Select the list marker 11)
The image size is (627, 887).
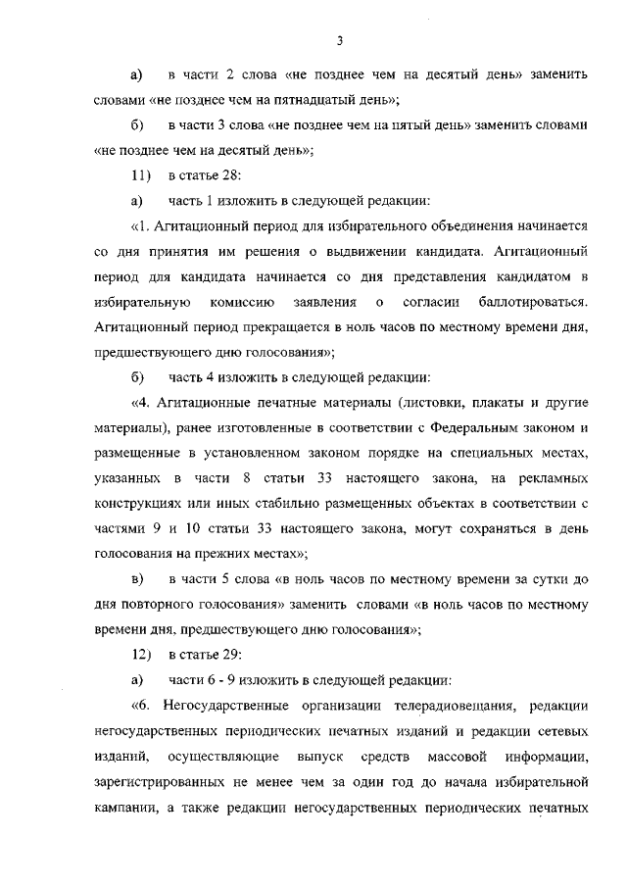pyautogui.click(x=138, y=176)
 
